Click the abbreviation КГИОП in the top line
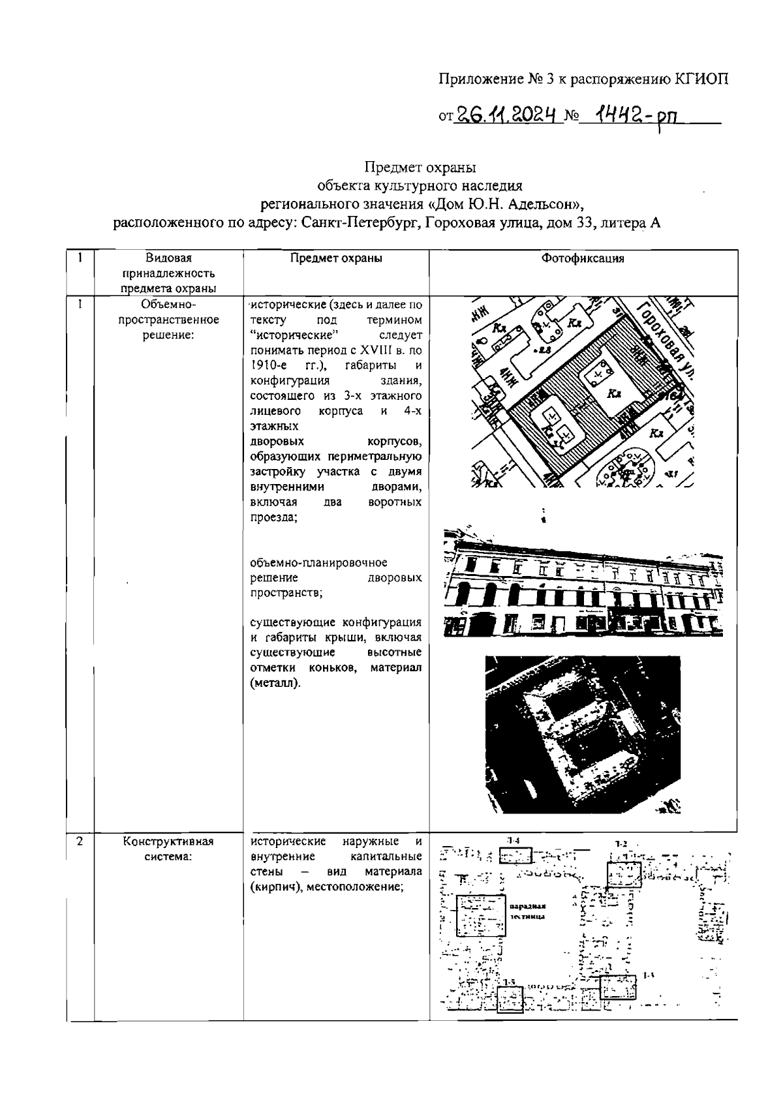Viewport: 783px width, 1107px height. point(700,80)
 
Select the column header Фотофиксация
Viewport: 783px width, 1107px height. point(583,258)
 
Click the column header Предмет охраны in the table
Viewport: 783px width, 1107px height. point(336,258)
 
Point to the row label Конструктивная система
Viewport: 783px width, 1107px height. point(168,849)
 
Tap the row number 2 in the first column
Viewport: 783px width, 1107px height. point(80,842)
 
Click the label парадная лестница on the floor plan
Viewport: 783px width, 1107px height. point(528,911)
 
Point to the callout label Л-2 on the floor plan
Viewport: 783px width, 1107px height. point(621,843)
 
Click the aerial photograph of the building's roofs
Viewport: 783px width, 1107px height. point(583,733)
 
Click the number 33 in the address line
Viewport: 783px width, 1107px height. point(589,223)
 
